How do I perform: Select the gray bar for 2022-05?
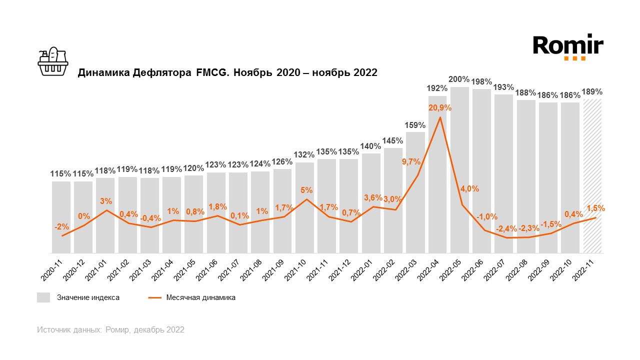pos(459,170)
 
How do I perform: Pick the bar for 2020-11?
pos(61,217)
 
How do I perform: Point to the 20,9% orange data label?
pos(439,107)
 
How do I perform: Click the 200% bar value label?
pos(459,79)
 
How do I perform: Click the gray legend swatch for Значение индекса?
pos(43,297)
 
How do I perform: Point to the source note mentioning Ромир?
pos(110,330)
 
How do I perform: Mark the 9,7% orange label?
pos(411,161)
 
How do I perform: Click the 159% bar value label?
pos(415,125)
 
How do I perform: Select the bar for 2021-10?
pos(304,207)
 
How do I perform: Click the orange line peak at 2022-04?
pos(439,117)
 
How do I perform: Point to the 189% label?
pos(592,91)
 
